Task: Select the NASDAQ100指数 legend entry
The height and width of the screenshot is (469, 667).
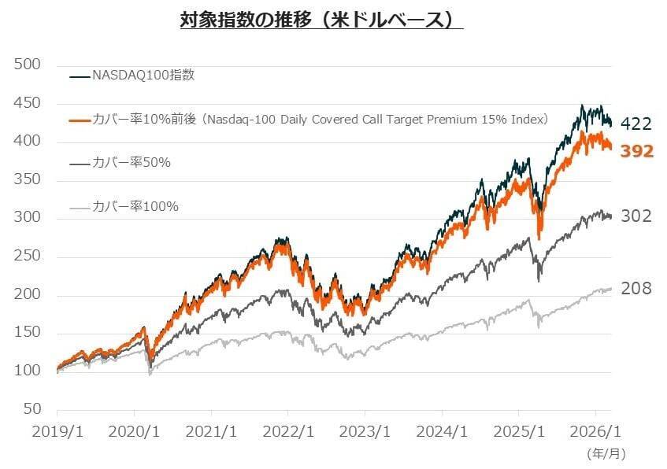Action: click(x=143, y=76)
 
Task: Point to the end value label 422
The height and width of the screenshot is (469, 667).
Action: click(x=636, y=124)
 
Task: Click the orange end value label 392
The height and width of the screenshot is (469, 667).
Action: click(x=636, y=151)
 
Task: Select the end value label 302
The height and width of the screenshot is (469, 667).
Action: click(x=636, y=216)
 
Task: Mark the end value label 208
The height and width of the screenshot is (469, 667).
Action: click(x=636, y=289)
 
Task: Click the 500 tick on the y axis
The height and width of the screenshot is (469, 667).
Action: click(x=28, y=65)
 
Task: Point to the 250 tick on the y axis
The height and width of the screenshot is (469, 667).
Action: click(x=28, y=257)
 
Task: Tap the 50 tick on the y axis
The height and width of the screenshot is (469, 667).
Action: click(x=31, y=409)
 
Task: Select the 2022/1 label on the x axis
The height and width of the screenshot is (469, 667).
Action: click(x=287, y=432)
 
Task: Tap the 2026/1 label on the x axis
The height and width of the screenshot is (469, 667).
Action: click(x=595, y=432)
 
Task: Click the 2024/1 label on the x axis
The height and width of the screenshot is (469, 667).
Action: click(x=442, y=432)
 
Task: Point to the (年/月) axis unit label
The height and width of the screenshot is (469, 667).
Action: click(x=606, y=453)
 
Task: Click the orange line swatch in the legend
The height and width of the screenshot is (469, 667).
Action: click(x=80, y=120)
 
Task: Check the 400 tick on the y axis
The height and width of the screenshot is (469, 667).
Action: click(x=28, y=142)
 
